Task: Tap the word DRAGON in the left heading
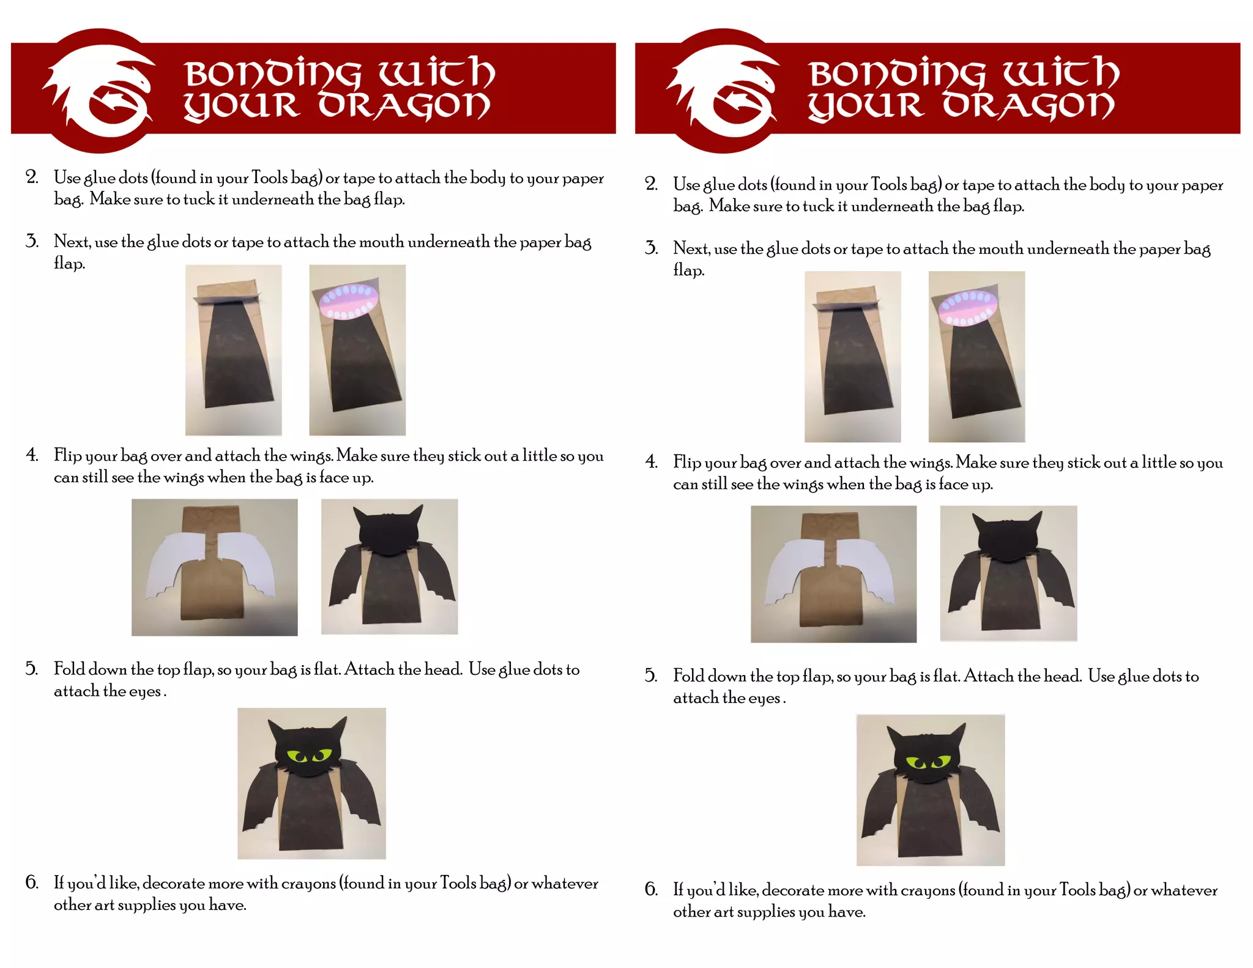coord(404,106)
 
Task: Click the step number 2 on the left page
coord(32,177)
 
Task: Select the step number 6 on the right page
coord(652,889)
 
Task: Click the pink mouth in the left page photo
coord(349,302)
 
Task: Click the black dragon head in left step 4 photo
coord(389,531)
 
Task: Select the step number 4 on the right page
coord(652,462)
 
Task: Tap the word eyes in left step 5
coord(146,692)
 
